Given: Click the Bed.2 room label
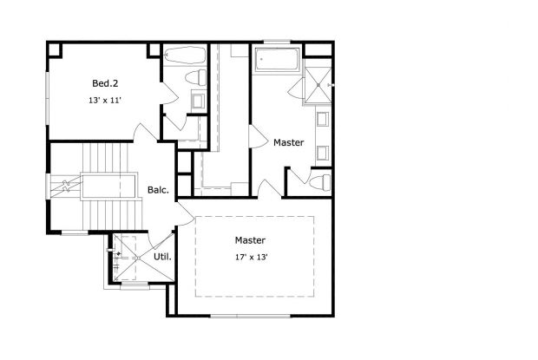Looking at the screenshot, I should [x=104, y=83].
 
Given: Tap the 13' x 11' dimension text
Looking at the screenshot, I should [x=104, y=101].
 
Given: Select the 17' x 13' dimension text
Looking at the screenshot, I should [x=250, y=258].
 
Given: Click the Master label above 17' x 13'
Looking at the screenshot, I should [x=250, y=240].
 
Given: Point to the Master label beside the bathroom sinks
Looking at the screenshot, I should [x=288, y=142].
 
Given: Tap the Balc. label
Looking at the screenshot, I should [x=157, y=189].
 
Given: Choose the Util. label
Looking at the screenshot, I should [x=162, y=257].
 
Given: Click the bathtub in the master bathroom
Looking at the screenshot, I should [x=276, y=60].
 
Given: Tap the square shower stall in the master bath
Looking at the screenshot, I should [x=316, y=84].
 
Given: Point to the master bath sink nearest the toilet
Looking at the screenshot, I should [x=323, y=154].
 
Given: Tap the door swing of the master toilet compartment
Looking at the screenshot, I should [x=296, y=178].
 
